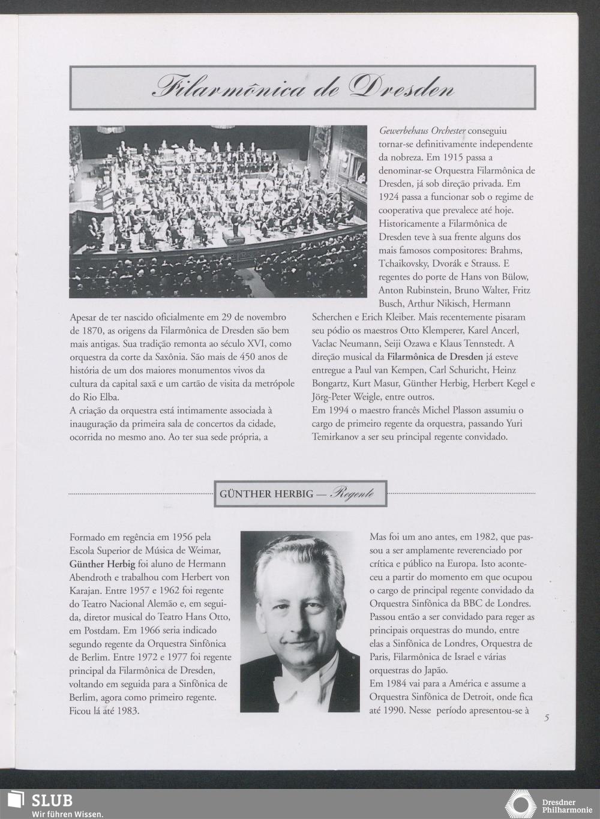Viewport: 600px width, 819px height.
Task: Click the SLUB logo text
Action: pos(52,800)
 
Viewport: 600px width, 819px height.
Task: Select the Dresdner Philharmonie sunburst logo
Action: pos(519,804)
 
